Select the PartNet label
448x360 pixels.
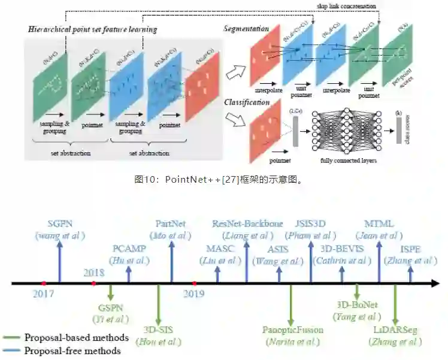click(171, 224)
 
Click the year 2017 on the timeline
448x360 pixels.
click(43, 294)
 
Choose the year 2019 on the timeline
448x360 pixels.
click(193, 294)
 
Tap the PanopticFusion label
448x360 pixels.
click(293, 329)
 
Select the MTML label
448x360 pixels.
click(379, 224)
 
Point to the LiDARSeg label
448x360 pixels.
click(395, 329)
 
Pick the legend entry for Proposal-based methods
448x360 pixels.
click(76, 338)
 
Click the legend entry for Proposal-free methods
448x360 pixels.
click(72, 351)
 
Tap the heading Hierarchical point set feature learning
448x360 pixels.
click(92, 29)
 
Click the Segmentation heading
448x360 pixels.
click(247, 29)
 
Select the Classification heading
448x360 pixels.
click(246, 102)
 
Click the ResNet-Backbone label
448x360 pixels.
click(247, 224)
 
